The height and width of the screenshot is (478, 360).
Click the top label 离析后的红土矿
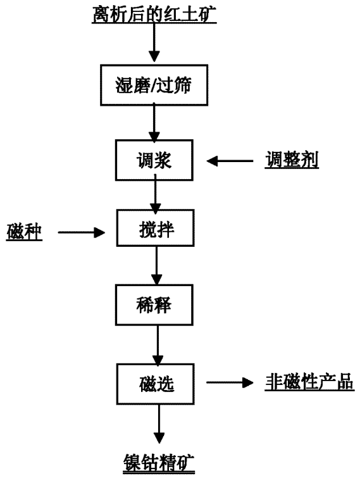[x=154, y=15]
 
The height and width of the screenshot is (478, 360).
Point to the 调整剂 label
[x=292, y=160]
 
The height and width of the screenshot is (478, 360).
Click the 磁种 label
[x=24, y=232]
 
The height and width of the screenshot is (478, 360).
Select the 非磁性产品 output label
[x=309, y=381]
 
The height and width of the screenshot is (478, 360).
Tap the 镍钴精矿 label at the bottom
[x=159, y=463]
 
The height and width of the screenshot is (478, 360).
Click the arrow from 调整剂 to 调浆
[x=230, y=161]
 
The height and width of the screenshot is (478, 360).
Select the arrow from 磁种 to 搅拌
[x=82, y=232]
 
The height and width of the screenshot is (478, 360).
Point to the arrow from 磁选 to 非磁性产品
[x=230, y=382]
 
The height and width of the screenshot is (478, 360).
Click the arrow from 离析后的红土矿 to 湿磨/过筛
[x=154, y=42]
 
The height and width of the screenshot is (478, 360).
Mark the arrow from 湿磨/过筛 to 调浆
[x=154, y=123]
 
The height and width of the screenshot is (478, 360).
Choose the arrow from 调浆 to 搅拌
[x=156, y=194]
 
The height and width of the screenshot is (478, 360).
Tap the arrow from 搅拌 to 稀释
[x=156, y=265]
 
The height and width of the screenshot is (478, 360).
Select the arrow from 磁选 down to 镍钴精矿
[x=159, y=424]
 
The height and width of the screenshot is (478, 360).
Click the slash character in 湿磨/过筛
[x=154, y=85]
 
